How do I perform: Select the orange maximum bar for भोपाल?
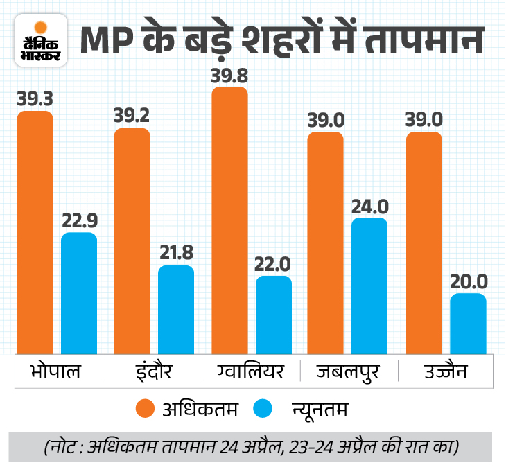35,232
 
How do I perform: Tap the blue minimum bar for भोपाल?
79,293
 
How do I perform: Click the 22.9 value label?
79,221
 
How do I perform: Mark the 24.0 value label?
369,206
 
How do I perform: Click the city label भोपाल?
56,371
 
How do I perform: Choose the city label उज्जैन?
446,371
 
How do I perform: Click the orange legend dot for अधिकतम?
145,409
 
